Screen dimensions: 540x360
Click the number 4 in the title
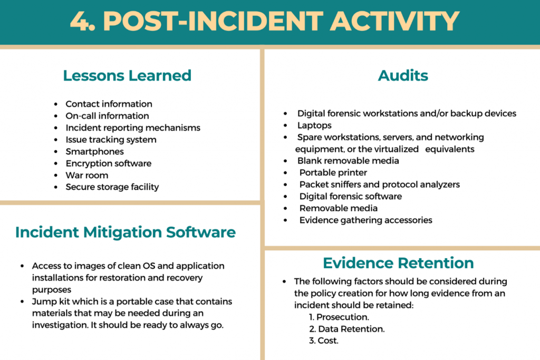(80, 21)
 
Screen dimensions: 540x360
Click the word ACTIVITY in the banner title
(394, 21)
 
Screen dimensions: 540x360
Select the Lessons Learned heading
(127, 75)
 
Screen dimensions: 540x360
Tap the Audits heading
(403, 75)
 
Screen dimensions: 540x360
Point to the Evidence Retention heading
(399, 263)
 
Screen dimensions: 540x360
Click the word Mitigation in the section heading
(122, 232)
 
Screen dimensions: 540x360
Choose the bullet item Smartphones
(95, 151)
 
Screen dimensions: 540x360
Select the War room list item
(87, 175)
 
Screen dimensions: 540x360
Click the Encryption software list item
(109, 163)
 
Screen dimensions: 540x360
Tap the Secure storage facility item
(112, 187)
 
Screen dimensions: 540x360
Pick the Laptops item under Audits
(314, 125)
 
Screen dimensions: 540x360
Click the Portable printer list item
(333, 172)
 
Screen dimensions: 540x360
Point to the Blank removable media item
(348, 161)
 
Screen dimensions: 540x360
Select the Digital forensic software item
(351, 196)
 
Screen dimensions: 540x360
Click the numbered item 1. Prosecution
(339, 317)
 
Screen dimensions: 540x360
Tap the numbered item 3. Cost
(324, 340)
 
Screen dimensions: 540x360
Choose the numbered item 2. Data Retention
(347, 329)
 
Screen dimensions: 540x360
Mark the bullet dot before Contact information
(56, 104)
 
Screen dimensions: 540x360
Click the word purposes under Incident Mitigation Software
(52, 290)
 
